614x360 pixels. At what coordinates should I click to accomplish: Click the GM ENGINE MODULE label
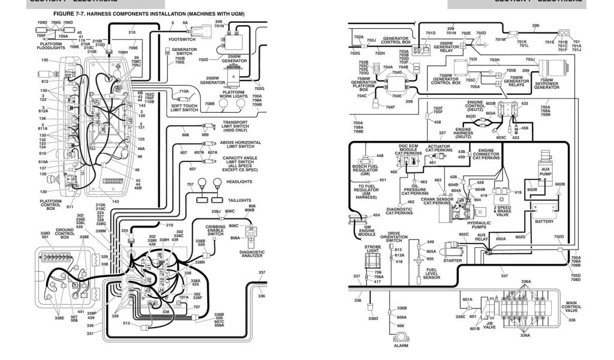click(x=367, y=231)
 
